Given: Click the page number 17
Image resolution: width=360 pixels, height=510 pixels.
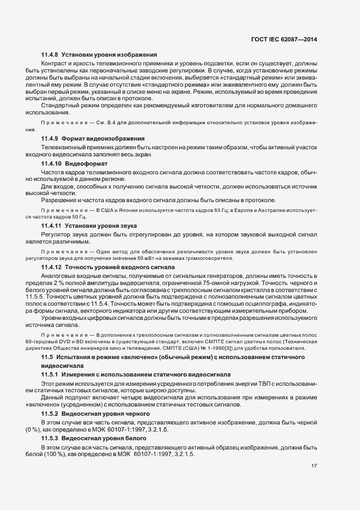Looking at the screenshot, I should [x=314, y=465].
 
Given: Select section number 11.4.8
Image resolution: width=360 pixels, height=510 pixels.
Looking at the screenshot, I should [x=50, y=54].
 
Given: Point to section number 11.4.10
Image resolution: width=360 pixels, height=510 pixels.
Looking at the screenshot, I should [x=51, y=163].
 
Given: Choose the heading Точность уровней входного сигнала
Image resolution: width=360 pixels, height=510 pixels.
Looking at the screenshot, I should [x=120, y=267].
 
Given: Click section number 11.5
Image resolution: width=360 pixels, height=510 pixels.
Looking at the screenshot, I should [x=47, y=356].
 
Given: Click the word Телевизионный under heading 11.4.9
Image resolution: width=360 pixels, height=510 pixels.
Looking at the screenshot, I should [x=63, y=148].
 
